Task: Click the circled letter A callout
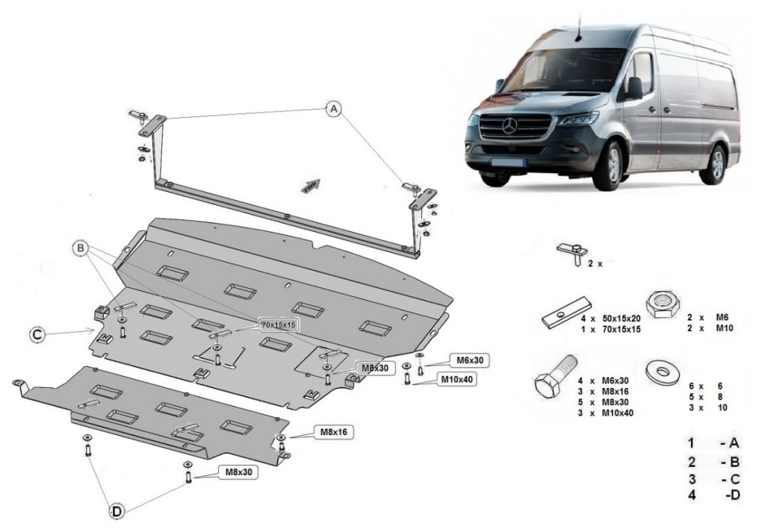coord(334,110)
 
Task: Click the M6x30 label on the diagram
coord(469,361)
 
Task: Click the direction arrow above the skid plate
coord(310,186)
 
